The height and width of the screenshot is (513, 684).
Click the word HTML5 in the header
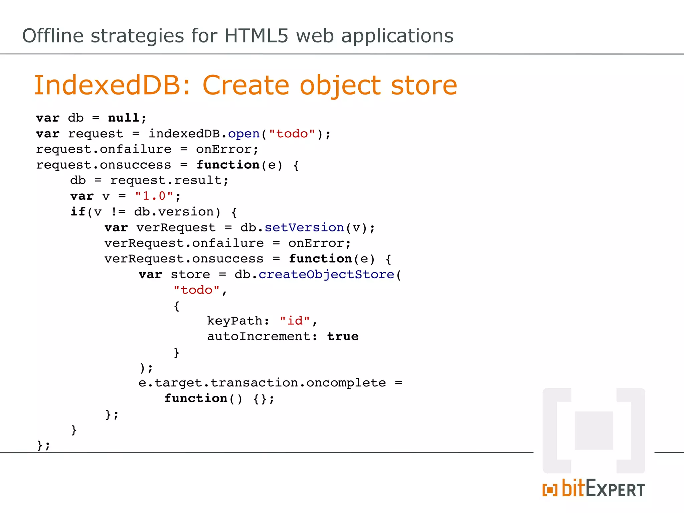point(256,36)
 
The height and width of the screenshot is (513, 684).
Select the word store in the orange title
point(424,85)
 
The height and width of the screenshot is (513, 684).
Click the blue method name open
point(244,134)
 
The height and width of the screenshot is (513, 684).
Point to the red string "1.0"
point(154,196)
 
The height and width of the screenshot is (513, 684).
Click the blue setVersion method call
point(304,227)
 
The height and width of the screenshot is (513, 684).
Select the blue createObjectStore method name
point(327,274)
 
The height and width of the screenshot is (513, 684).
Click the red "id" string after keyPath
point(295,321)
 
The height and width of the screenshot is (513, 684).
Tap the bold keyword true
point(343,336)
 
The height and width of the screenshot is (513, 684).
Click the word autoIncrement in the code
point(259,336)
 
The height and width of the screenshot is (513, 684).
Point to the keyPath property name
point(235,321)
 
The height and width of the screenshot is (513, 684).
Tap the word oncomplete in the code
point(346,383)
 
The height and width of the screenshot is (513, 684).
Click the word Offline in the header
point(53,36)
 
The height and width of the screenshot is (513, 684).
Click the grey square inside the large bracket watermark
point(594,431)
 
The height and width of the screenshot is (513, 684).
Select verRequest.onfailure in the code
point(184,243)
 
